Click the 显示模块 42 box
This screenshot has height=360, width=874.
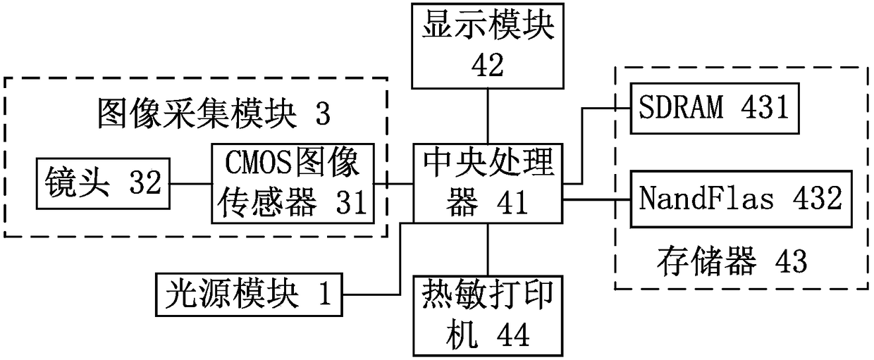pos(488,44)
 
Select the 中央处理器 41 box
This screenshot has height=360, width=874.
pos(488,182)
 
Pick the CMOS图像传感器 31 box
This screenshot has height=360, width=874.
pos(292,182)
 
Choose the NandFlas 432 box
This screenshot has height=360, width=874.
pos(740,199)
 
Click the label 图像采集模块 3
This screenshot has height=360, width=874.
pos(213,113)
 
